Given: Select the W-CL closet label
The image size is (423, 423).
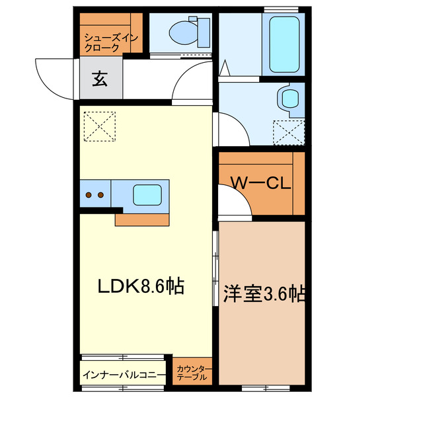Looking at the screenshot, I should (x=260, y=184).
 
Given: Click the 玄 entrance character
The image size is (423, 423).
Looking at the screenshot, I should (x=100, y=79).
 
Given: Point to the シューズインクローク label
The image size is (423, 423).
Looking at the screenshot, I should (x=110, y=42).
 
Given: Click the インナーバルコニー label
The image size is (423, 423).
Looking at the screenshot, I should (x=124, y=375).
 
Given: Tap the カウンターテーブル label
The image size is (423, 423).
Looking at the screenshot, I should (x=194, y=373).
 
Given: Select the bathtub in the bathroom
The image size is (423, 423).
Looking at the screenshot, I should (x=284, y=44).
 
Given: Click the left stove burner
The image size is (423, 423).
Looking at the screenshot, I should (x=90, y=195).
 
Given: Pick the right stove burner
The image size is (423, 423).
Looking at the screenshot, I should (x=101, y=195).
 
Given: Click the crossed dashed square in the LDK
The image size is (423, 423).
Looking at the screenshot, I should (x=99, y=126).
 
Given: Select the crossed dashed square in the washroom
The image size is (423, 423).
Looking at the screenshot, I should (x=289, y=132).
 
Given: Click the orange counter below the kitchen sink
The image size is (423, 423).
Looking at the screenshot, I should (x=141, y=219).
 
